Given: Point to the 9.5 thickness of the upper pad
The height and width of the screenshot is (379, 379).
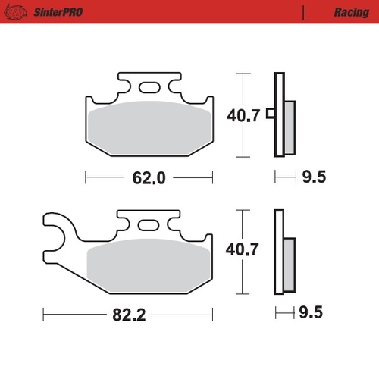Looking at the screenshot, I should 313,178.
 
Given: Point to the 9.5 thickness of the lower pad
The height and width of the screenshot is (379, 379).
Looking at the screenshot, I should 313,313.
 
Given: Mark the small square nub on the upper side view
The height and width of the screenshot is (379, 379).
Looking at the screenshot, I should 271,116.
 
